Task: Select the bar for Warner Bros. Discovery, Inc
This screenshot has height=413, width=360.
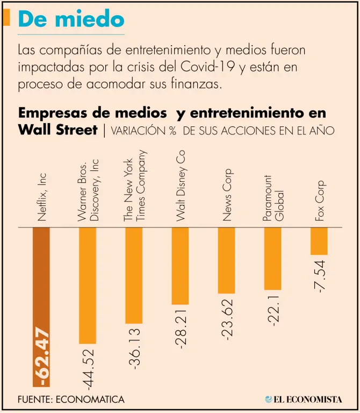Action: [88, 285]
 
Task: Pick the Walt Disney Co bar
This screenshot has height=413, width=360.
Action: [180, 266]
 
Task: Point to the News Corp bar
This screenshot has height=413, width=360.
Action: [226, 260]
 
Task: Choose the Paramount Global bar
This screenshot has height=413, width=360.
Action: [272, 259]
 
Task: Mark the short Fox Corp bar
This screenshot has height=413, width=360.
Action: [319, 241]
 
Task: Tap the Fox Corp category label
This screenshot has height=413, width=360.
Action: [319, 201]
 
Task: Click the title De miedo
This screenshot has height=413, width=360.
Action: [71, 19]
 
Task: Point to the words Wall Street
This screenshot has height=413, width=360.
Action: [57, 130]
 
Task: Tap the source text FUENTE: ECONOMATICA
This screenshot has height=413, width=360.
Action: [71, 400]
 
